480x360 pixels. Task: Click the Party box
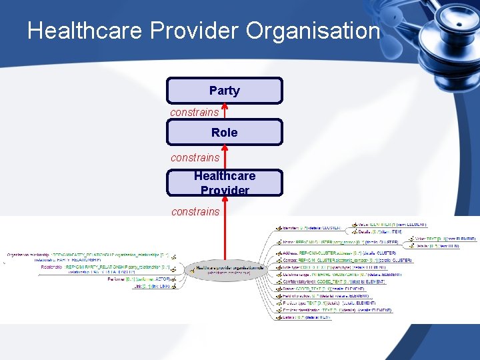click(x=224, y=91)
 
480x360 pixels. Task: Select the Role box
click(x=224, y=133)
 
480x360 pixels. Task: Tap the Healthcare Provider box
click(x=224, y=183)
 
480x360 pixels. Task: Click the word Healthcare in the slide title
click(x=85, y=31)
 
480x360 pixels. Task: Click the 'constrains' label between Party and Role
click(x=194, y=112)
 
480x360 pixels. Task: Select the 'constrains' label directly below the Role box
click(x=195, y=157)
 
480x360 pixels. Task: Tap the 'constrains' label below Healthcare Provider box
click(x=195, y=211)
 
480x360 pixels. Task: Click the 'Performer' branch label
click(x=117, y=279)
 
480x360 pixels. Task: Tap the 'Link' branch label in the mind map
click(x=139, y=287)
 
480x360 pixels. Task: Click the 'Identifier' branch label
click(x=293, y=227)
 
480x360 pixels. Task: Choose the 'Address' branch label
click(x=293, y=253)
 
